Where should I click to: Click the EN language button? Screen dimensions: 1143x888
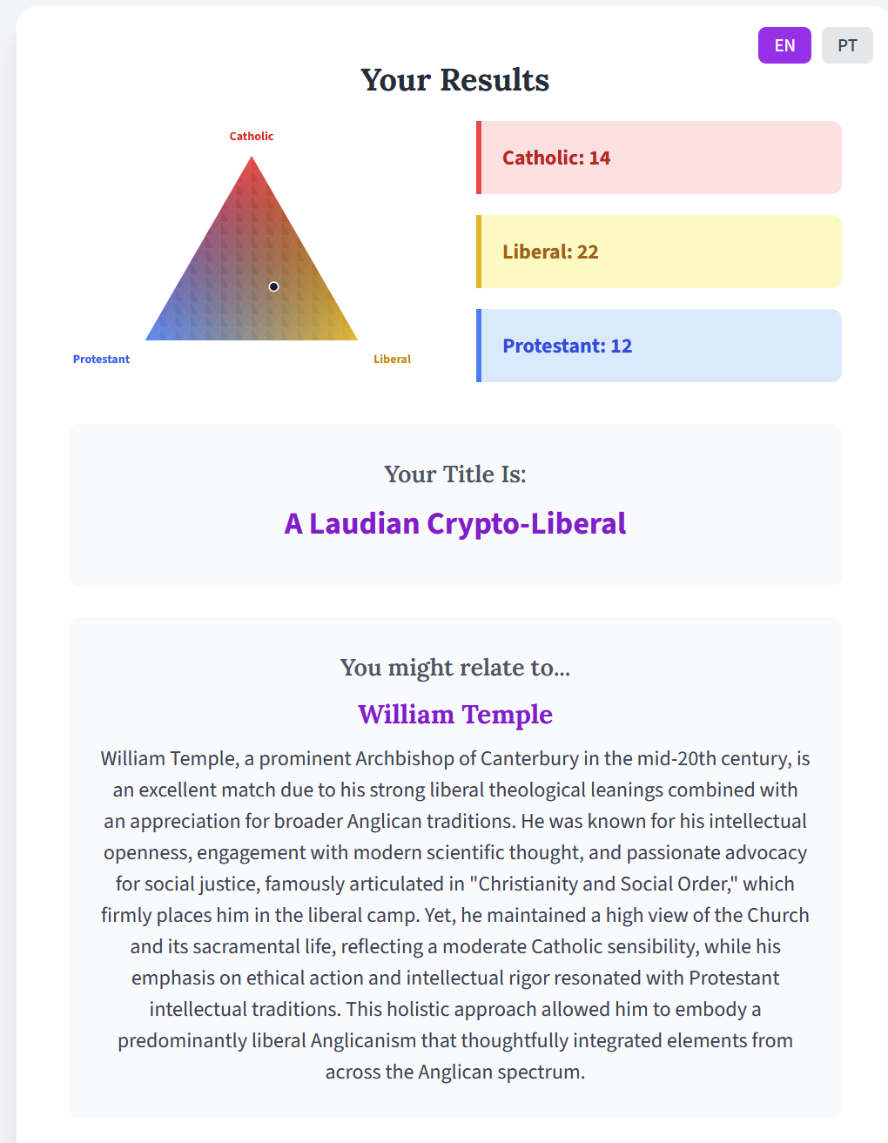784,45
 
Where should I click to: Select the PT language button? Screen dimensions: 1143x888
847,45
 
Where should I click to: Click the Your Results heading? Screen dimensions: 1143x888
455,80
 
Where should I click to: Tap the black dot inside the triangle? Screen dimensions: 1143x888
273,286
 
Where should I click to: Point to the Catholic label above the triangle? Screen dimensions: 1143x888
251,136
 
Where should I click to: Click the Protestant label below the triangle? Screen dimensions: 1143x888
101,359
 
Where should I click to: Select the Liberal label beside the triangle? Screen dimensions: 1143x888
392,359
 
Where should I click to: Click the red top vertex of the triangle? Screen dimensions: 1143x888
252,162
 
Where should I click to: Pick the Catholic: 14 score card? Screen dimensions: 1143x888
659,158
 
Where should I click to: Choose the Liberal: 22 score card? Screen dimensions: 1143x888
659,252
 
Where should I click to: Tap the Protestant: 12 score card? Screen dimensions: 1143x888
659,346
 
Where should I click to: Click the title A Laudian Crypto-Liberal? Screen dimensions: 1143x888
455,523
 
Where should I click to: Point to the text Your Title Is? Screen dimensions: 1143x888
455,474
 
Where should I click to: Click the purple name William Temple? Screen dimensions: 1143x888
455,715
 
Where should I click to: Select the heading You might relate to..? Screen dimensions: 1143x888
455,668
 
